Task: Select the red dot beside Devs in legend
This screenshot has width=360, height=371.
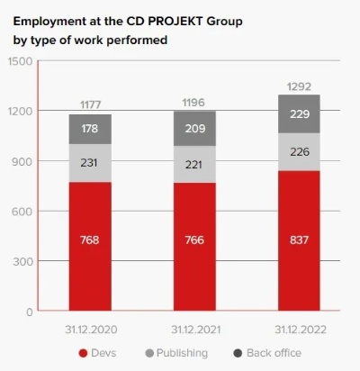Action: pos(84,353)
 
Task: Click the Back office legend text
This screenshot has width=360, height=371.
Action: pos(274,353)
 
